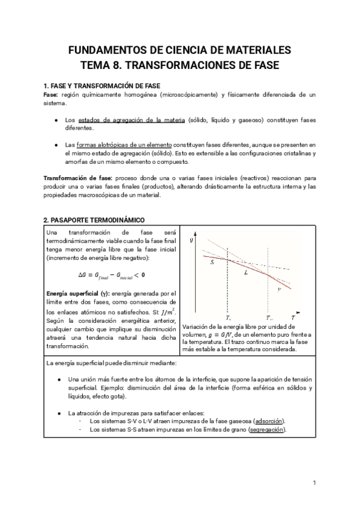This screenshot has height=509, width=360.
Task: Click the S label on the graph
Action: (212, 262)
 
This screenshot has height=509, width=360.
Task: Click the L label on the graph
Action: (246, 273)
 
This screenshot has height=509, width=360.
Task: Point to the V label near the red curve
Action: (279, 289)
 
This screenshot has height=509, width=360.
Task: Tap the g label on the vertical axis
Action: (191, 240)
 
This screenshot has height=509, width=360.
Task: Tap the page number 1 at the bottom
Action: (314, 483)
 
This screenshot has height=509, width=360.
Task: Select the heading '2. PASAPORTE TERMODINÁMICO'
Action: (94, 220)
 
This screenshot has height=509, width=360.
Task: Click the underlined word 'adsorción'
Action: (270, 421)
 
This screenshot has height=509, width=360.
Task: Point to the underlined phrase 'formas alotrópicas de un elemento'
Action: (125, 145)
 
